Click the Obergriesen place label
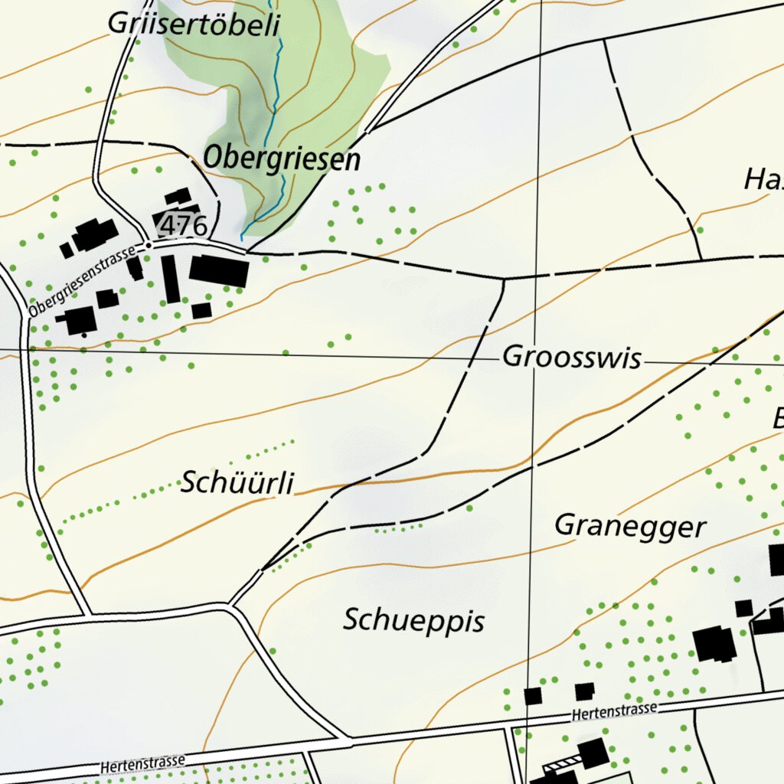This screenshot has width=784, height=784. pos(281,159)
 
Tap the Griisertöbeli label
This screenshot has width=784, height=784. pos(194,24)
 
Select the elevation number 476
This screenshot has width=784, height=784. pos(185,226)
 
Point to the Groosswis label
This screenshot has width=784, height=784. pos(571,358)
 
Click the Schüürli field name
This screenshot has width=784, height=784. pos(237,483)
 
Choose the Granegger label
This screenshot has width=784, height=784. pos(629,527)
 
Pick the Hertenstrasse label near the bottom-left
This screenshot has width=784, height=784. pos(143,763)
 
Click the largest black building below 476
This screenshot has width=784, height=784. pos(219,271)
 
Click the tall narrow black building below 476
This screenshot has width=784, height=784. pos(170,279)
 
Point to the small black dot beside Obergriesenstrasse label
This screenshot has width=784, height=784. pos(148,247)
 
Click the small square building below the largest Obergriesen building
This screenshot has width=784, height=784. pos(201,310)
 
